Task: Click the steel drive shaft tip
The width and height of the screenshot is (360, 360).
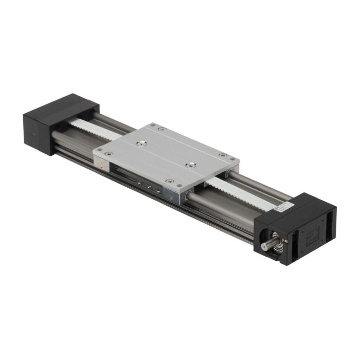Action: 265,247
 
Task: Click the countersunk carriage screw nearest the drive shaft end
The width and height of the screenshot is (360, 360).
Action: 191,165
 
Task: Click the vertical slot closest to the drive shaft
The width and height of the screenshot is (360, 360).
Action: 289,244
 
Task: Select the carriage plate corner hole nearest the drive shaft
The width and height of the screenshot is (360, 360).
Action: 222,155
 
